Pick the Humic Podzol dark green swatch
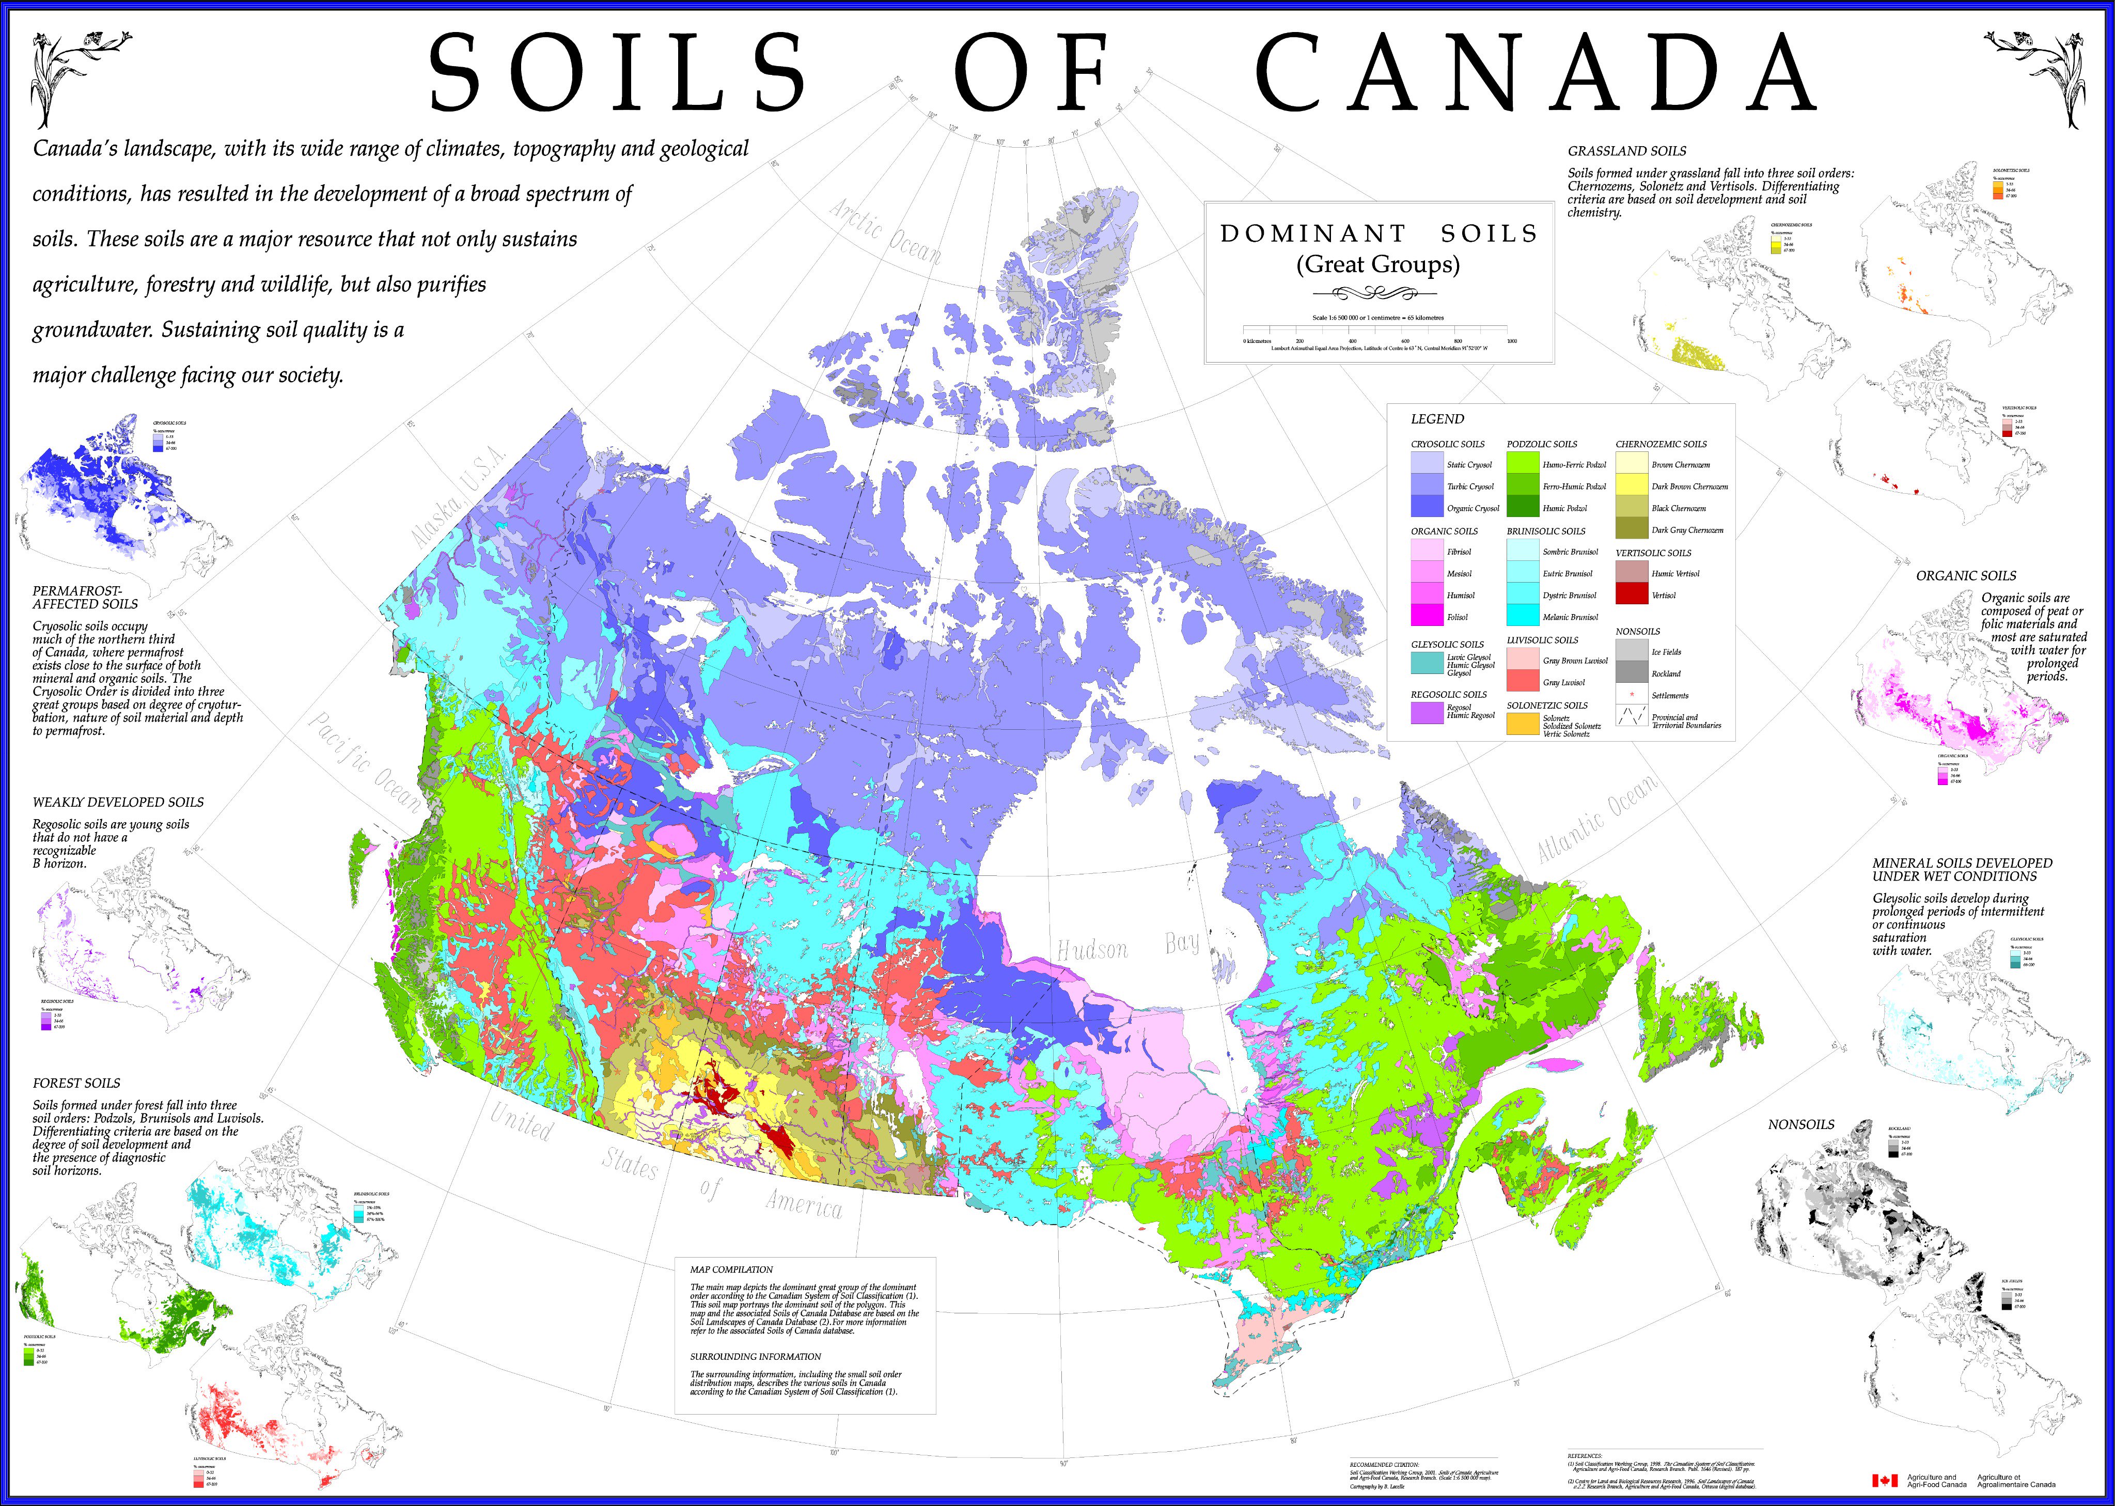pos(1523,507)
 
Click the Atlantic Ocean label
pos(1596,818)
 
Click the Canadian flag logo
pos(1884,1480)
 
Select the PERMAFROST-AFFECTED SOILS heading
pos(84,597)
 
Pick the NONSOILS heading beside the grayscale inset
pos(1800,1124)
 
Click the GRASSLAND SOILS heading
pos(1626,150)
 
